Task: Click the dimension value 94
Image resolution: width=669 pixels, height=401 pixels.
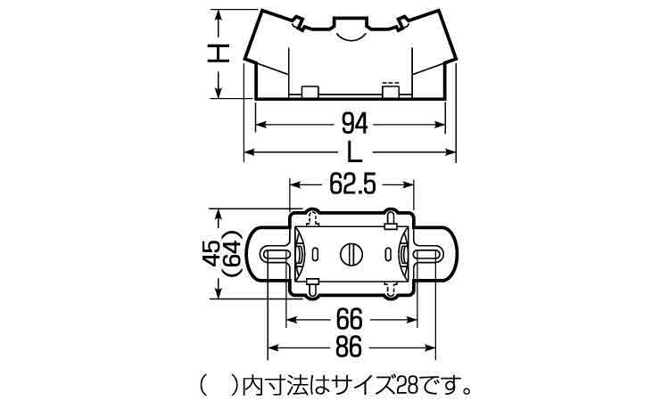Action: point(354,125)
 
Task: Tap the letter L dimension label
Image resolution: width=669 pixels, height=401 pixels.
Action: point(354,152)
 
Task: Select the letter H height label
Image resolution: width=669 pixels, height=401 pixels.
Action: point(219,53)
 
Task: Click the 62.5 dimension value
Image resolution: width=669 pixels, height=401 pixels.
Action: point(352,185)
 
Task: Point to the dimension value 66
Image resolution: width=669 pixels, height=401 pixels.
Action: point(349,319)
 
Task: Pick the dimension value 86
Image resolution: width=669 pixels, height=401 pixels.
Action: point(349,348)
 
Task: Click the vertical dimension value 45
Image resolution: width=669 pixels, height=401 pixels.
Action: point(211,254)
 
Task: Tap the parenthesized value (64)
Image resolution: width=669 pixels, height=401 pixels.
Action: point(233,254)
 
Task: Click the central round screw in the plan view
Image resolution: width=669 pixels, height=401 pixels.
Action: point(351,254)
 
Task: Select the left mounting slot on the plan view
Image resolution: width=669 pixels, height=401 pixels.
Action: point(277,254)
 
